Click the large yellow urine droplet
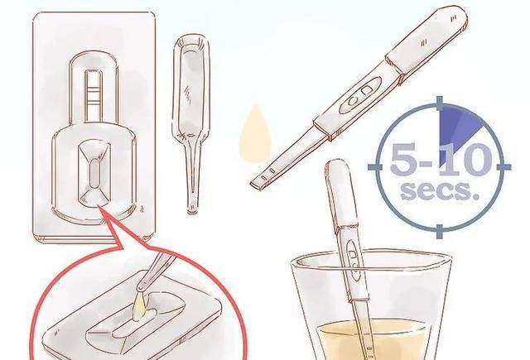pyautogui.click(x=255, y=135)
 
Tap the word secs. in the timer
pyautogui.click(x=440, y=190)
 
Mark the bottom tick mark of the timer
pyautogui.click(x=439, y=231)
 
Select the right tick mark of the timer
pyautogui.click(x=503, y=166)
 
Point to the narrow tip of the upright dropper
pyautogui.click(x=192, y=206)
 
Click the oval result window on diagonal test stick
pyautogui.click(x=359, y=95)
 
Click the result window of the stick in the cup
pyautogui.click(x=354, y=259)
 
